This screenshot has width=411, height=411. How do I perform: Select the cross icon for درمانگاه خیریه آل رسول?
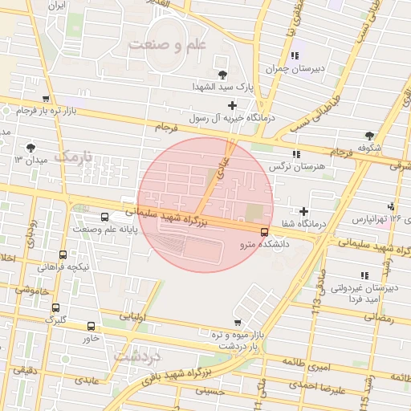tap(233, 105)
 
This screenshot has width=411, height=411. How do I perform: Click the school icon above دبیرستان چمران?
tap(295, 55)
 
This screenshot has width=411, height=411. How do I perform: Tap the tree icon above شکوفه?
tap(369, 135)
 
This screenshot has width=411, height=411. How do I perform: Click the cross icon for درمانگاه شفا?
tap(304, 211)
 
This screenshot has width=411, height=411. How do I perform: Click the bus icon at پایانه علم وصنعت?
tap(105, 217)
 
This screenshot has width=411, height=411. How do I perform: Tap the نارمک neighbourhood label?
tap(73, 155)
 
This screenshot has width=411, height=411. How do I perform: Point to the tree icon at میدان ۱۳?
tap(31, 147)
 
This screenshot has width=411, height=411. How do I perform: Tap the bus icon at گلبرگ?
tap(55, 307)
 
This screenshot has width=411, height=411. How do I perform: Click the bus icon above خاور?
tap(90, 326)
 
